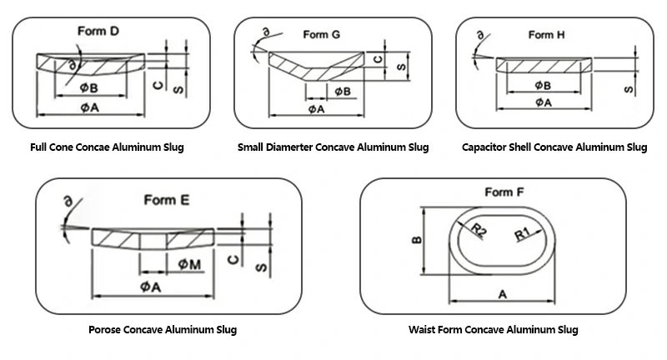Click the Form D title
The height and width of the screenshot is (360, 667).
point(98,32)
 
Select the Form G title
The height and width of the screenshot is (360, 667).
point(320,34)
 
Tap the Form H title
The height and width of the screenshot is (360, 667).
point(546,34)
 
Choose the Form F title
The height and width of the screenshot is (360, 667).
point(504,193)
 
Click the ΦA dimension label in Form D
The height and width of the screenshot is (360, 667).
point(91,107)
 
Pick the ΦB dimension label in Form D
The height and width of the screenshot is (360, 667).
point(91,87)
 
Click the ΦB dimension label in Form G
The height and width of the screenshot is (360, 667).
point(342,91)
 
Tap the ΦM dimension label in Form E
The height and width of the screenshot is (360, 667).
point(188,263)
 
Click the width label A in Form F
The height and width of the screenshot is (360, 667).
point(503,293)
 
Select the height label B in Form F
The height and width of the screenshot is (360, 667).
point(418,241)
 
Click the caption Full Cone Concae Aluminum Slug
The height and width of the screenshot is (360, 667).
point(107,147)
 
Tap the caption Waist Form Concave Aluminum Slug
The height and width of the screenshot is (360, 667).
point(493,329)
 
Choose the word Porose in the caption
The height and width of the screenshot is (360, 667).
point(107,329)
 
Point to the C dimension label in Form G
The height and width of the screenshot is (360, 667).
point(377,59)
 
